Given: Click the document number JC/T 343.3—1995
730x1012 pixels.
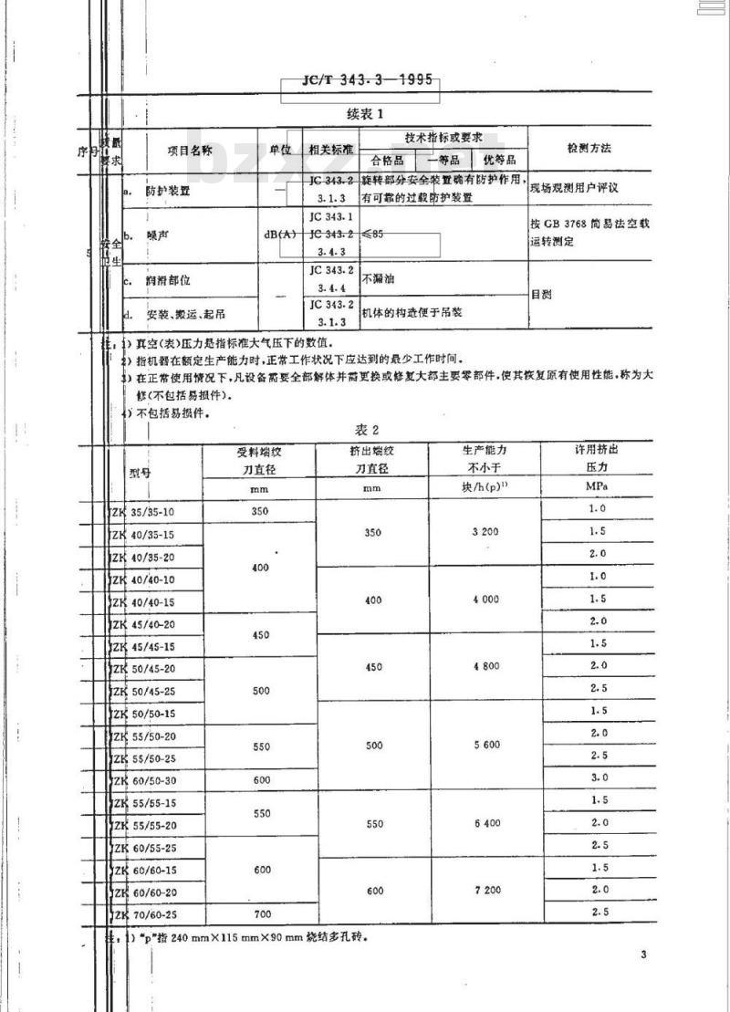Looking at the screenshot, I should (x=368, y=80).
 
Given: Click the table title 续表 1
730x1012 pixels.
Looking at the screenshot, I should (x=367, y=114).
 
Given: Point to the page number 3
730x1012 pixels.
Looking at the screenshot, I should (x=643, y=955).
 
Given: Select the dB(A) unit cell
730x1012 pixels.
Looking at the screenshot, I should (x=281, y=235).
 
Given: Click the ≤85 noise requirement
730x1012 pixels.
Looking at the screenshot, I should (x=373, y=235).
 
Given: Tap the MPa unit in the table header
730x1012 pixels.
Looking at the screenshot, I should (x=599, y=486).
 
